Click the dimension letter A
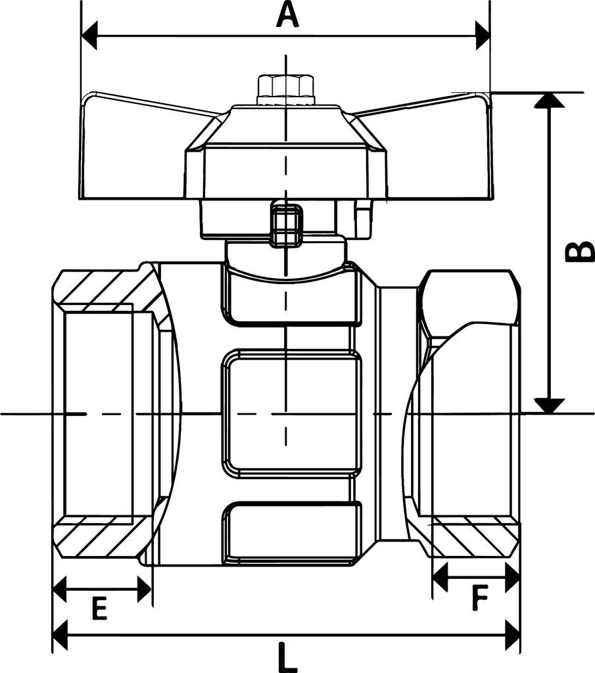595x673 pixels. (x=287, y=14)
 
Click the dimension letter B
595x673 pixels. (x=579, y=252)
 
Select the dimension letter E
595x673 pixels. (x=99, y=610)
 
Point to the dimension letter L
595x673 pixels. (x=285, y=657)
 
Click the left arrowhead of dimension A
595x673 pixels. (x=89, y=35)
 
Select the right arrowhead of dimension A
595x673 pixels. (x=482, y=35)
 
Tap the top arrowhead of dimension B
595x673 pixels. (x=549, y=100)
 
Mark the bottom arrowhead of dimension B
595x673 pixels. (x=549, y=406)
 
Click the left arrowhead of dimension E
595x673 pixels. (x=60, y=590)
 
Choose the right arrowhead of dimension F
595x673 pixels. (x=512, y=578)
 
